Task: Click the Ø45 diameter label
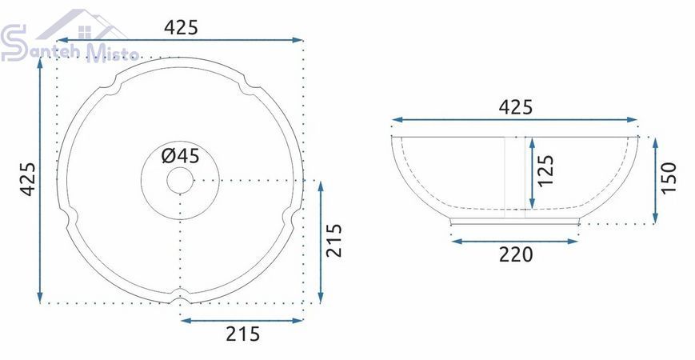[x=181, y=156]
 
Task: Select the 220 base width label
[x=516, y=254]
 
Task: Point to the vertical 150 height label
[x=669, y=178]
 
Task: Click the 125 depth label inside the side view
[x=545, y=170]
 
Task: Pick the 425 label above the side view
[x=516, y=107]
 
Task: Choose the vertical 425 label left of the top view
[x=28, y=179]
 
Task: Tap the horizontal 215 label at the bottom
[x=243, y=334]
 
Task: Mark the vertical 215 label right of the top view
[x=334, y=240]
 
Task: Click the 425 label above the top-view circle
[x=181, y=28]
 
